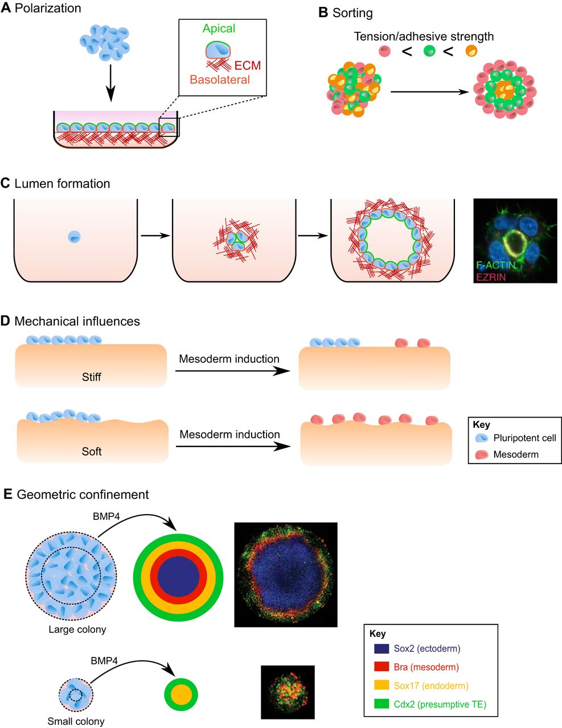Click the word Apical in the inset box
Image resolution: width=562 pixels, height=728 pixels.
click(x=219, y=28)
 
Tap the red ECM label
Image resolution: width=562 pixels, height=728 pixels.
click(x=247, y=65)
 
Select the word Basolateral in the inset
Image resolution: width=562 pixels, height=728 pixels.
click(x=220, y=80)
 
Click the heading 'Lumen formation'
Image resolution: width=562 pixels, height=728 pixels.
click(x=62, y=184)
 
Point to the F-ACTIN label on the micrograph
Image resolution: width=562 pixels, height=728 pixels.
click(x=496, y=265)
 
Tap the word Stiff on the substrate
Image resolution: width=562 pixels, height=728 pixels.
click(x=91, y=377)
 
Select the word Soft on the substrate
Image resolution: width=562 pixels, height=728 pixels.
click(x=91, y=452)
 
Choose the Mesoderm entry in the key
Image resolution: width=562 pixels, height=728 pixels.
click(x=515, y=454)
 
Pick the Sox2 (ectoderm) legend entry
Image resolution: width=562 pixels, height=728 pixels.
click(x=426, y=648)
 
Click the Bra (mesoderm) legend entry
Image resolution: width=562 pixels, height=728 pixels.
click(x=426, y=667)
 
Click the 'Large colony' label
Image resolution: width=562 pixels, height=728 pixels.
click(x=77, y=630)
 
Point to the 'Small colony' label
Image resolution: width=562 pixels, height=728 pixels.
click(x=76, y=722)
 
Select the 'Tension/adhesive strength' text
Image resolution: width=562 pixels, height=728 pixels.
click(x=424, y=36)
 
